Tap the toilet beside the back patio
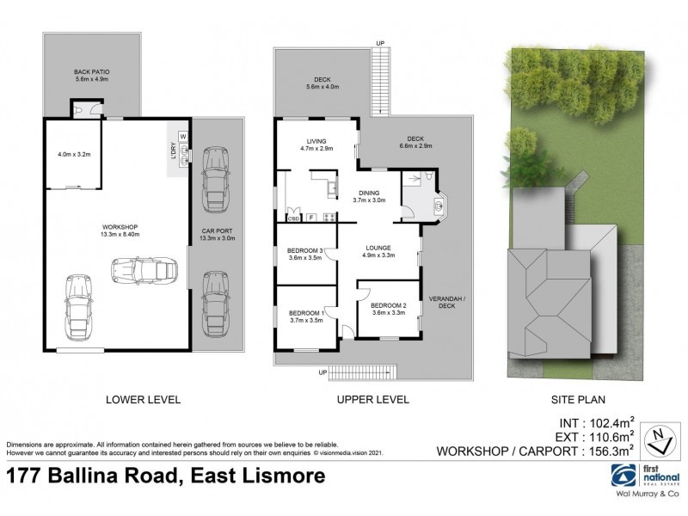[x=80, y=110]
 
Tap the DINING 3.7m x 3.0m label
[x=370, y=195]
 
